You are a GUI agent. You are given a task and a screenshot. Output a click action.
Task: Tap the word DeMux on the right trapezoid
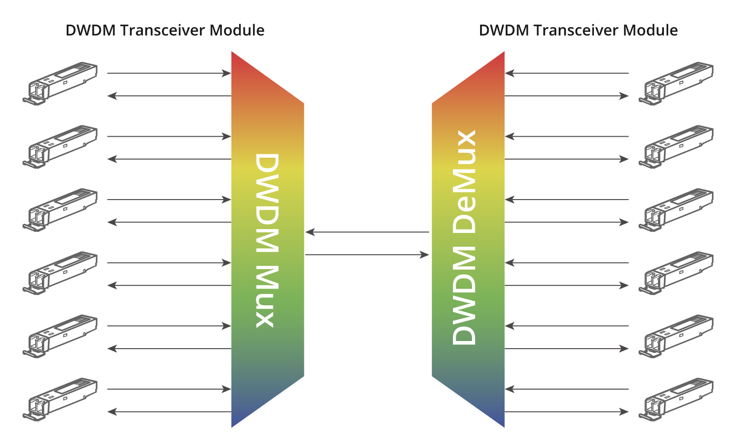point(464,181)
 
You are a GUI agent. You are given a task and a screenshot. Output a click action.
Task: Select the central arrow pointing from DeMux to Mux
point(367,232)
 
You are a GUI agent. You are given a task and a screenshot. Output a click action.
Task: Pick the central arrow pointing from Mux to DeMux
point(367,255)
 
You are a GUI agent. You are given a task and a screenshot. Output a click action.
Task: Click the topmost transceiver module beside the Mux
point(60,83)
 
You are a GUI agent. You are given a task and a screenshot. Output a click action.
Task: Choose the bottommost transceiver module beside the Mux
point(60,399)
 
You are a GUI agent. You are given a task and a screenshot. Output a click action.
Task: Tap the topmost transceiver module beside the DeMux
point(676,83)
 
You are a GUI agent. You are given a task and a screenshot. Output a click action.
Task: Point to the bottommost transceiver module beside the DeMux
point(676,399)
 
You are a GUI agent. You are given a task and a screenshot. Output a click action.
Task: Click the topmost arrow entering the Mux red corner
point(169,73)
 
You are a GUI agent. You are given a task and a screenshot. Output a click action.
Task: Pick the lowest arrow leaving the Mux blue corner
point(169,412)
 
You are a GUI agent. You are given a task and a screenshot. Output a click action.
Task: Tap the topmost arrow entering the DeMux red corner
point(567,73)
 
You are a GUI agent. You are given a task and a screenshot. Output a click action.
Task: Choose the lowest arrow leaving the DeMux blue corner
point(567,412)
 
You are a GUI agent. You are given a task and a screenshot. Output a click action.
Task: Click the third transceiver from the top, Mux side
point(60,210)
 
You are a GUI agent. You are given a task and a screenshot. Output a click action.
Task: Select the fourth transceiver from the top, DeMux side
point(676,273)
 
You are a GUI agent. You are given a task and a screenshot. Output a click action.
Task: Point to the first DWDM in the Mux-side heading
point(91,30)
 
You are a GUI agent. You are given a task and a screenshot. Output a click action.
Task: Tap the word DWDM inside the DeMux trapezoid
point(464,295)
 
